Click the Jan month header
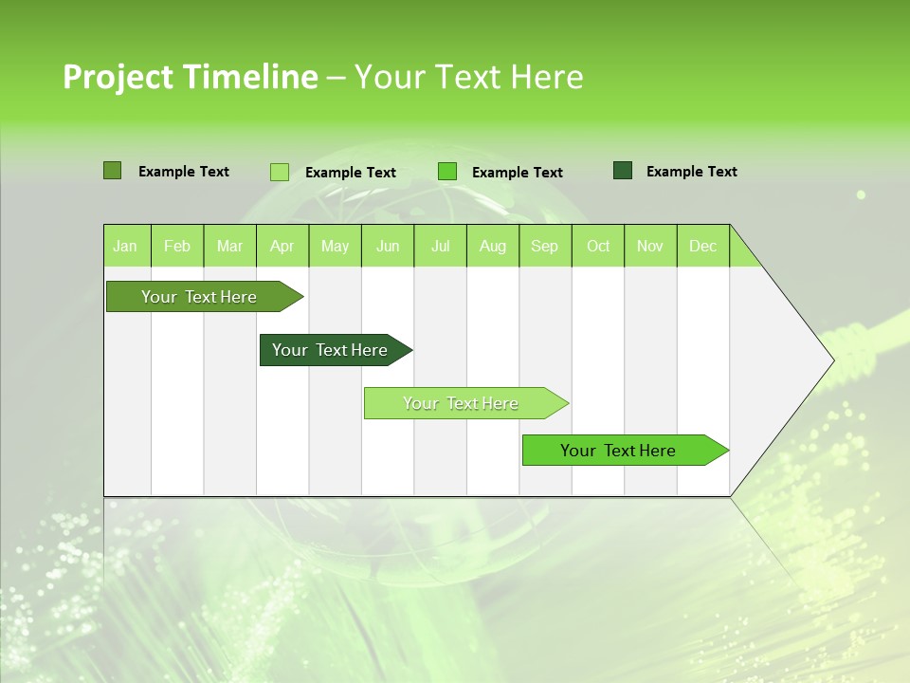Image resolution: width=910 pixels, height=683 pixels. click(126, 246)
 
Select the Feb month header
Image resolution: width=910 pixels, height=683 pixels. click(177, 246)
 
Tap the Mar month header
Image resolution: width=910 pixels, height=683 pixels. click(229, 246)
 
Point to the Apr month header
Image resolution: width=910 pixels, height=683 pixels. click(282, 246)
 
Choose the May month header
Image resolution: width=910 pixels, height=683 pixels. click(335, 246)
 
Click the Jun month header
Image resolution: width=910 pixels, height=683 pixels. click(388, 246)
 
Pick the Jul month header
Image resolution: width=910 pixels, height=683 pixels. click(440, 246)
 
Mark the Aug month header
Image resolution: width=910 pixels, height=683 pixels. click(493, 246)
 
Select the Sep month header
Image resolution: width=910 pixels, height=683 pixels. click(545, 246)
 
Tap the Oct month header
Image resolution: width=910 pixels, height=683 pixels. click(598, 246)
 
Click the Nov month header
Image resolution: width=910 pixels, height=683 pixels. click(650, 246)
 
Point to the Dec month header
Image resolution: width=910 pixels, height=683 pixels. click(703, 246)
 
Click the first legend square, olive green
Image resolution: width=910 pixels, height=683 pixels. click(112, 171)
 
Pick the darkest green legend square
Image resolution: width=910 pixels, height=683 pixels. click(623, 171)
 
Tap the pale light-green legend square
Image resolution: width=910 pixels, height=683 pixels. click(280, 172)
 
